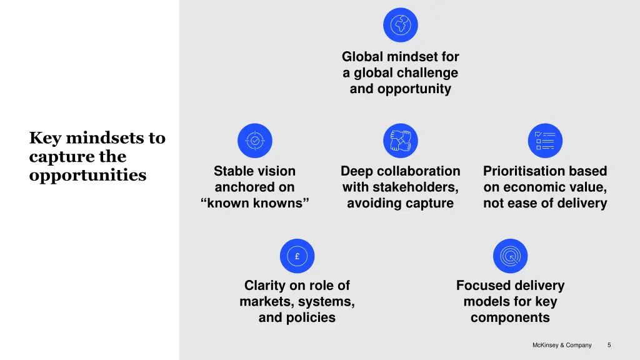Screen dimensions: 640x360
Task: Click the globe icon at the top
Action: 401,25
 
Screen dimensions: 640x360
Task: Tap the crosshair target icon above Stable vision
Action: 255,141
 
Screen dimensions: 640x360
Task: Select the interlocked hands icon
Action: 401,141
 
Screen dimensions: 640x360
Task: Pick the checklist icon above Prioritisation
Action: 545,141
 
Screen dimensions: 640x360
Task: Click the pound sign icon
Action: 297,256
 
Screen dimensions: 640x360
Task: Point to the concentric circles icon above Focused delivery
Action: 510,256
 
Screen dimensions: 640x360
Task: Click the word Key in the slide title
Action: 45,138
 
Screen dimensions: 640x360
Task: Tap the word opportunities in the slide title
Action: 87,175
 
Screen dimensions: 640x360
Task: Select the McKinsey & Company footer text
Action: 562,345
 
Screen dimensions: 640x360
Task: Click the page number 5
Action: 609,345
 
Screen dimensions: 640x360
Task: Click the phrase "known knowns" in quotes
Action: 255,203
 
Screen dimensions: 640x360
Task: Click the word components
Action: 510,317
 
